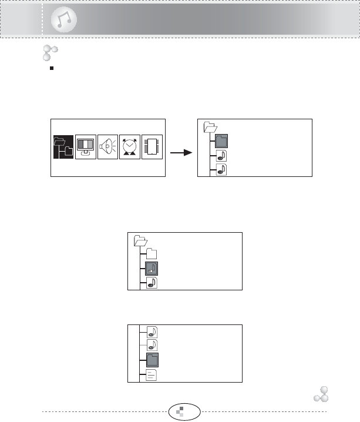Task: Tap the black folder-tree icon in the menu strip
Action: click(62, 148)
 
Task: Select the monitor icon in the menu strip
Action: click(86, 148)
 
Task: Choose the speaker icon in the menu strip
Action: click(107, 148)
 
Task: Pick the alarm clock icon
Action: click(130, 148)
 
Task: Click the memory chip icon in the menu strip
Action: click(152, 148)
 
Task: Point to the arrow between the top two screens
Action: click(181, 152)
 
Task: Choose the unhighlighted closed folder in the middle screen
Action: click(151, 254)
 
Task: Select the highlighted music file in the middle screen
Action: click(151, 269)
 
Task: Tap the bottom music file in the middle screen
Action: click(151, 283)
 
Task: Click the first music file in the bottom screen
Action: click(151, 331)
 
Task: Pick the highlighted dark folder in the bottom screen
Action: click(151, 360)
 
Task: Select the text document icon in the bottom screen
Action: click(151, 375)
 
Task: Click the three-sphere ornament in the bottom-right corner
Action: click(320, 394)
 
